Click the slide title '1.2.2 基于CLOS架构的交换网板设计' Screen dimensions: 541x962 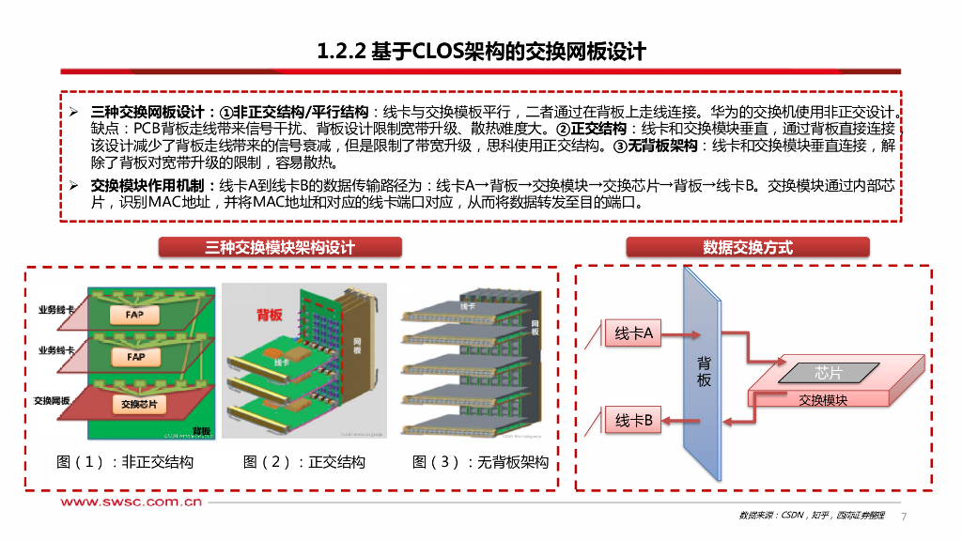pyautogui.click(x=481, y=51)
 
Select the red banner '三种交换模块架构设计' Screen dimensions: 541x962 pyautogui.click(x=280, y=247)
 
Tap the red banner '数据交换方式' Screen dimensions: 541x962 pyautogui.click(x=747, y=247)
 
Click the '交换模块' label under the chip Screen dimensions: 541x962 pyautogui.click(x=823, y=400)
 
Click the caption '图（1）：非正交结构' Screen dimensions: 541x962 pyautogui.click(x=125, y=462)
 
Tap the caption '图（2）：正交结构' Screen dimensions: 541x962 pyautogui.click(x=303, y=462)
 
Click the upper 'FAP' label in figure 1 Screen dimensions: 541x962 pyautogui.click(x=135, y=316)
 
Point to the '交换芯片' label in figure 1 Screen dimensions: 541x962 pyautogui.click(x=139, y=405)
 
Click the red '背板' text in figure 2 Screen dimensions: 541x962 pyautogui.click(x=269, y=315)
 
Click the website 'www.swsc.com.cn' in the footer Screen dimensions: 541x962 pyautogui.click(x=132, y=502)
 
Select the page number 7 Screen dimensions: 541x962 pyautogui.click(x=904, y=517)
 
